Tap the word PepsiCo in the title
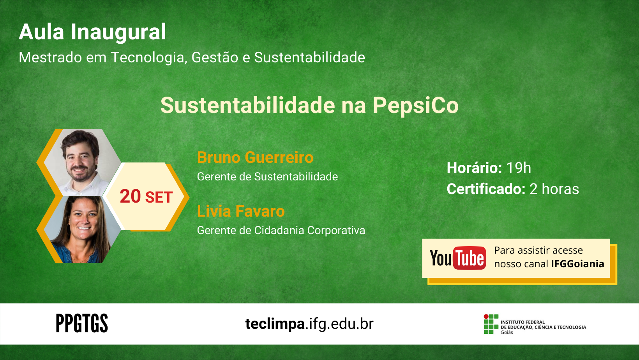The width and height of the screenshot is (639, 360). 416,106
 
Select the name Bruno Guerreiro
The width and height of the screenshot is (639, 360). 255,157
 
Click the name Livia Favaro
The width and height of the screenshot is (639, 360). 241,212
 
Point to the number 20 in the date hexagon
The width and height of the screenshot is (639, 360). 131,196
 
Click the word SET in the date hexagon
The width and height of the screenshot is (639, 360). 159,198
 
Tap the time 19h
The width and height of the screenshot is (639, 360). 519,168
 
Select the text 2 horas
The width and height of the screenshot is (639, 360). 554,189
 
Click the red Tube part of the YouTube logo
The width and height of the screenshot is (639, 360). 469,258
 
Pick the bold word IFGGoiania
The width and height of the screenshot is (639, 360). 578,264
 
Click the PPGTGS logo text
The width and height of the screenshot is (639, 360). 82,323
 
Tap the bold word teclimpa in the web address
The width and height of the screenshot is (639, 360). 275,324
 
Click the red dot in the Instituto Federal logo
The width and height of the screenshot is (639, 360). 486,317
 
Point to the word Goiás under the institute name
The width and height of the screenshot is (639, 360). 507,332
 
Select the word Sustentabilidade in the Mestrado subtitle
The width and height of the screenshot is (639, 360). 309,57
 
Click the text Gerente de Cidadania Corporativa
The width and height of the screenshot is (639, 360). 281,231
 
